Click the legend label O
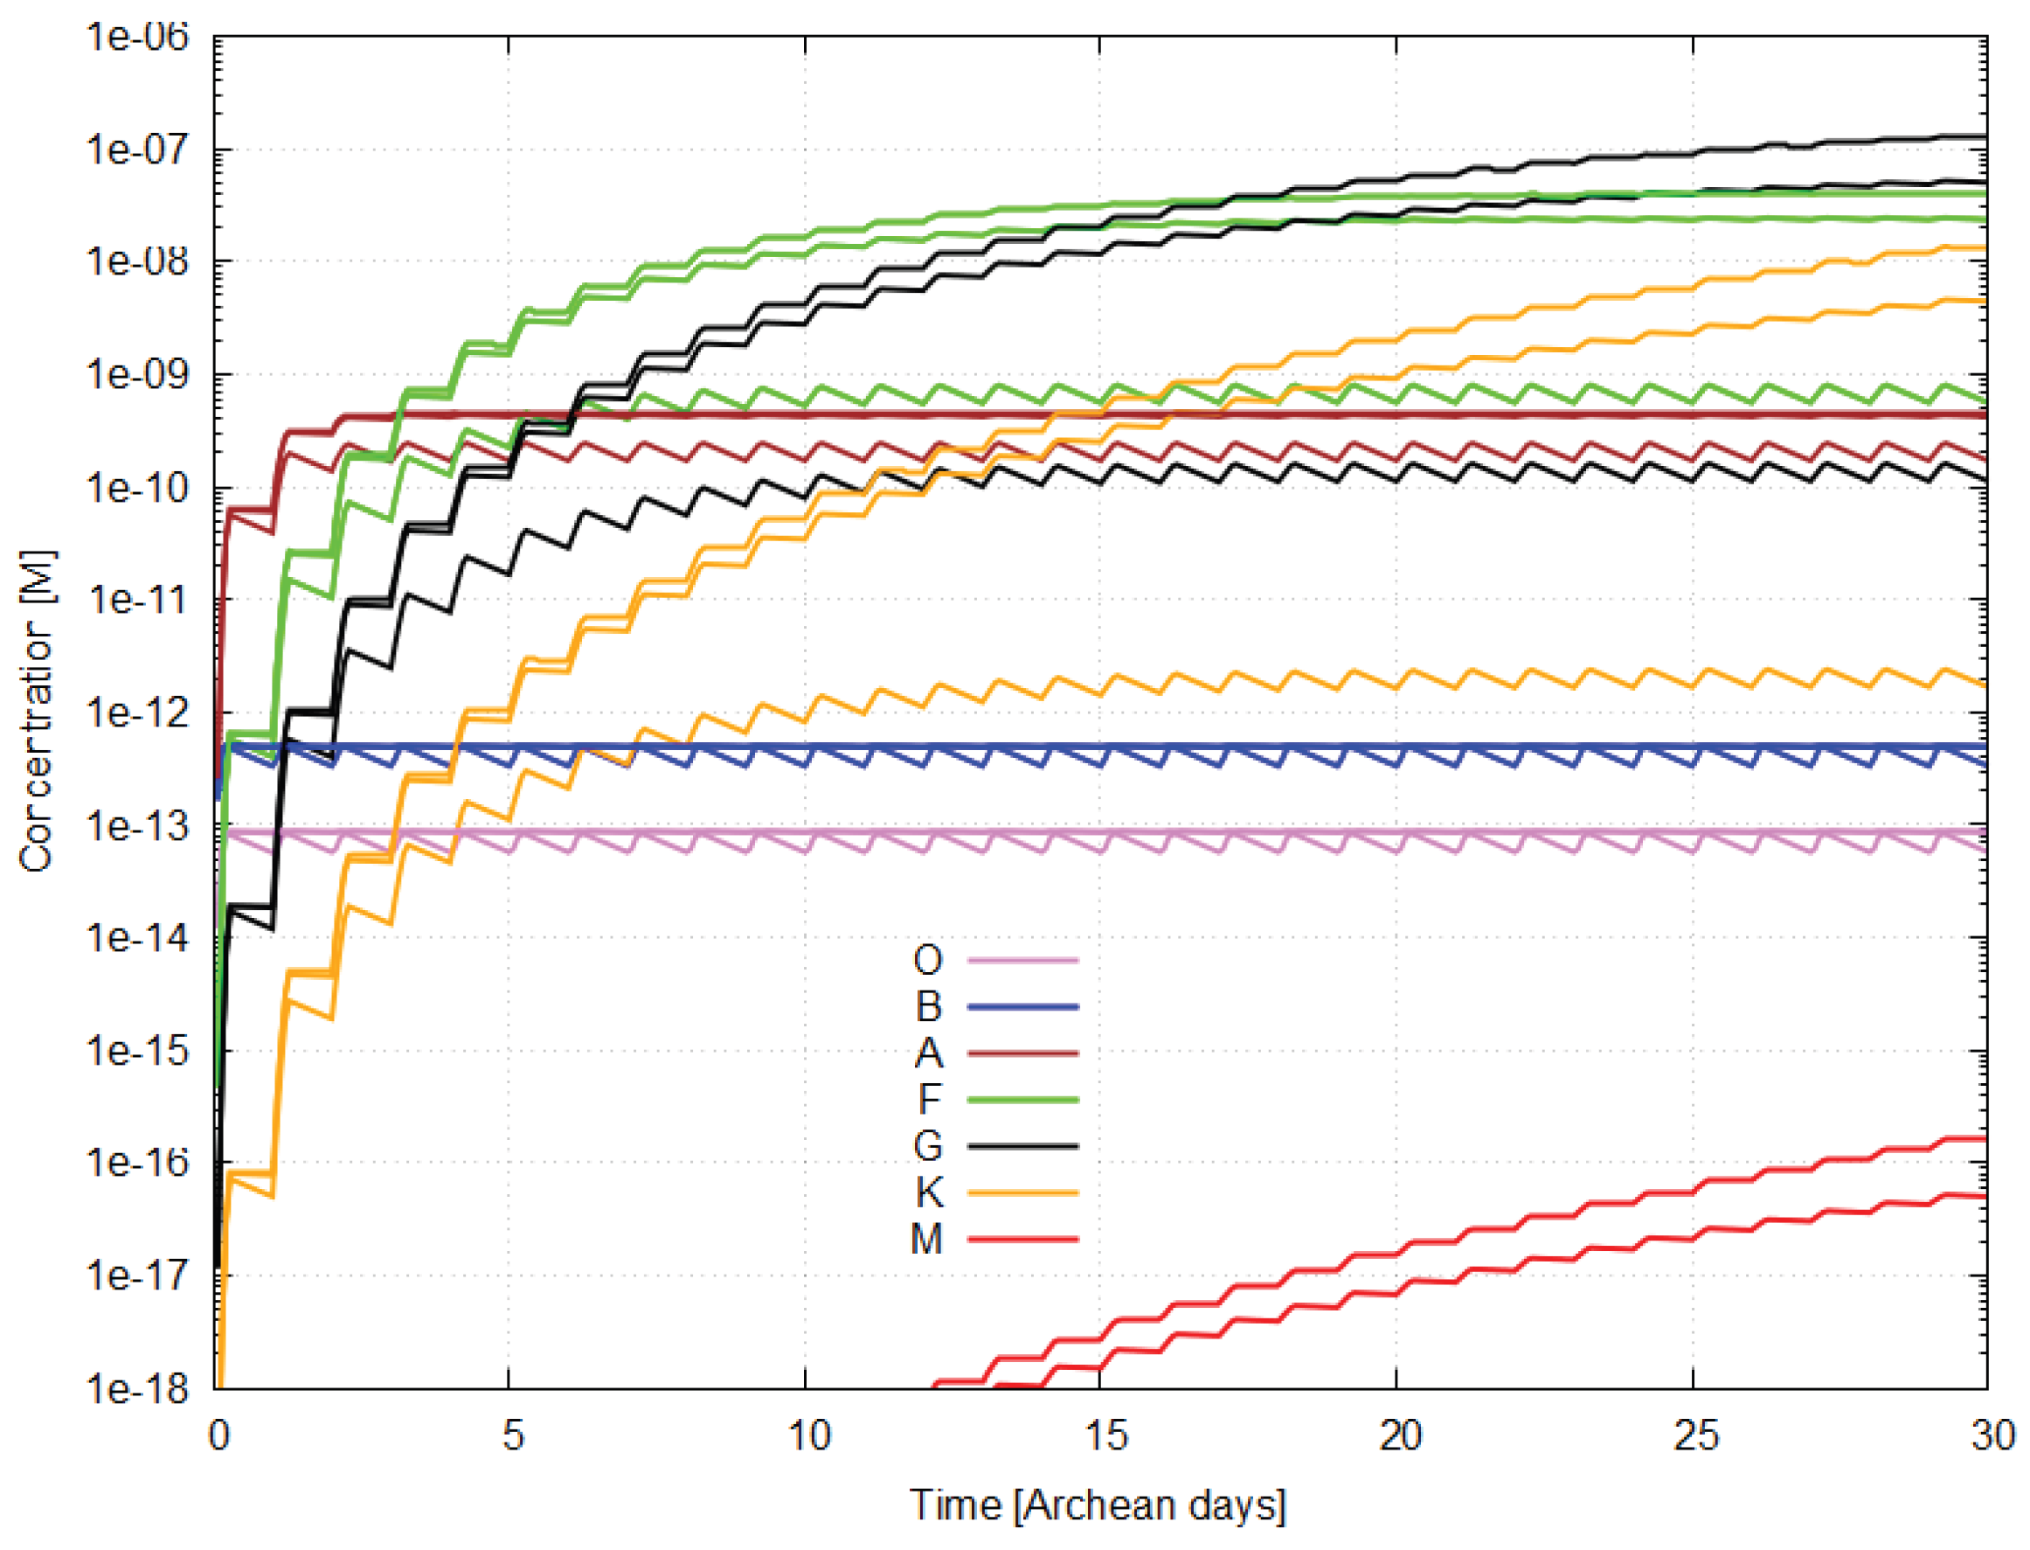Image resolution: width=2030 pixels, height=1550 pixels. click(x=927, y=961)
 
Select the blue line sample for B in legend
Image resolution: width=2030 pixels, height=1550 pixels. click(x=1022, y=1006)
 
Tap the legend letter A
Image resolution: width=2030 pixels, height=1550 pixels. click(x=928, y=1053)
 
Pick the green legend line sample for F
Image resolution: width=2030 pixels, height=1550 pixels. click(x=1022, y=1100)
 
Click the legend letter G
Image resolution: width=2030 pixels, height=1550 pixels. click(x=927, y=1146)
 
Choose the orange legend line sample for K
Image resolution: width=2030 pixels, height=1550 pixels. click(x=1022, y=1193)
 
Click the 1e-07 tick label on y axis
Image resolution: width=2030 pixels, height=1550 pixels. click(x=137, y=149)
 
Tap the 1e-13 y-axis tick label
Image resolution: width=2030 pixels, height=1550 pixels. click(x=137, y=824)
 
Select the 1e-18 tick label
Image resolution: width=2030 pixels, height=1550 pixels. click(x=137, y=1387)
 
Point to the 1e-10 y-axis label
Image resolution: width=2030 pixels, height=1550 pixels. click(x=137, y=487)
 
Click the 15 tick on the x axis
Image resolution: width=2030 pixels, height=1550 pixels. click(x=1104, y=1436)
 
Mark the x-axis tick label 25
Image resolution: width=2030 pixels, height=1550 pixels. click(x=1695, y=1436)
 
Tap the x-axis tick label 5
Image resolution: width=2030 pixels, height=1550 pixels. click(x=513, y=1436)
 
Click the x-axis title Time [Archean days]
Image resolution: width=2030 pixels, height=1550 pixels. click(x=1098, y=1505)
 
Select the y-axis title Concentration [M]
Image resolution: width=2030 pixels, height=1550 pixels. click(x=37, y=712)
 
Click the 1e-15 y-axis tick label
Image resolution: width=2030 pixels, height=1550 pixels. click(x=137, y=1050)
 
